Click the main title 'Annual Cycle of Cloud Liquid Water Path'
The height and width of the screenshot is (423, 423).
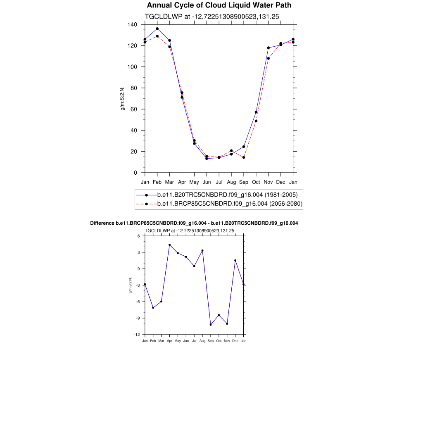(x=219, y=5)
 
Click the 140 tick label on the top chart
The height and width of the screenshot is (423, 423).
(x=132, y=24)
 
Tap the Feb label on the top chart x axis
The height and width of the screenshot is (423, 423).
(x=157, y=182)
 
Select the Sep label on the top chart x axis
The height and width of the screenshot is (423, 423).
(x=244, y=182)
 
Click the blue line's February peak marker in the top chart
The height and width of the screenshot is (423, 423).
(x=157, y=29)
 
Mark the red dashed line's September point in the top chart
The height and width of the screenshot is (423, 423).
(x=244, y=157)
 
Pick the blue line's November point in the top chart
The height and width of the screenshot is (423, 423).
(x=269, y=48)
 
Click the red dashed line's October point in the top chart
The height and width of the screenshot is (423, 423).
(x=256, y=121)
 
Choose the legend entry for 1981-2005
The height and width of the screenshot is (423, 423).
(x=227, y=195)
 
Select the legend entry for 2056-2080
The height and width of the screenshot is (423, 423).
(x=230, y=204)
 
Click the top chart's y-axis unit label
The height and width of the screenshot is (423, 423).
(x=122, y=98)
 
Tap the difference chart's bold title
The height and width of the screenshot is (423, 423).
(x=194, y=223)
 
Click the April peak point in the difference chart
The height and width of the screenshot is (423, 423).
(x=169, y=245)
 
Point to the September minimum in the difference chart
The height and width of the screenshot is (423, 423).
(x=211, y=325)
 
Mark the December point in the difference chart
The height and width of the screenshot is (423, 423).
(x=235, y=260)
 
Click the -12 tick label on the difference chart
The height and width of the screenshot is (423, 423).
(x=137, y=335)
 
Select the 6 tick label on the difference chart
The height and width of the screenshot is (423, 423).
(x=139, y=236)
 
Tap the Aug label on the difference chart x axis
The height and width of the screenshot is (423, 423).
(x=202, y=341)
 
